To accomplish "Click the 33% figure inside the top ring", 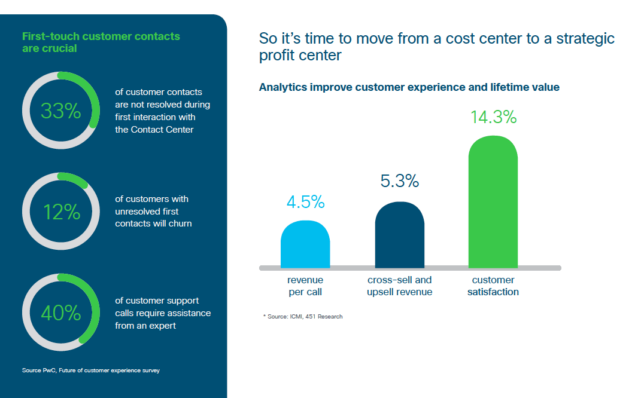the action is (x=60, y=111).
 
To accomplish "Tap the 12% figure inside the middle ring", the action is (x=62, y=212).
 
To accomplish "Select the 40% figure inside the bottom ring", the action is (x=61, y=313).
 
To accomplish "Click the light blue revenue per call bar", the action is (x=305, y=244).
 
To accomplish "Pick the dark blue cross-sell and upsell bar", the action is (x=400, y=235).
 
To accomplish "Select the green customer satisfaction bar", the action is (x=493, y=202).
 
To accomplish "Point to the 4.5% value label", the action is (x=306, y=202).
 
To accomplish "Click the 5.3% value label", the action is (x=400, y=181).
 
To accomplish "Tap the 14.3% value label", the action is (x=494, y=117).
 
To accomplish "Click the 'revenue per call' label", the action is (x=305, y=286).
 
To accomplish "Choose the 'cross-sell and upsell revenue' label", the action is (x=400, y=286).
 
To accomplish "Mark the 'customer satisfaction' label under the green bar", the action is (x=493, y=286).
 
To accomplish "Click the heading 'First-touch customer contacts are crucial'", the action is (x=101, y=42).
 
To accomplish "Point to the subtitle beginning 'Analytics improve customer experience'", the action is (x=409, y=87).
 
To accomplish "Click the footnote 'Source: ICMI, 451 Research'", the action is (x=303, y=316).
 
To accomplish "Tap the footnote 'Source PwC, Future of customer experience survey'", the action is (x=91, y=371).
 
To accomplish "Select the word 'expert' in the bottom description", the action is (x=162, y=326).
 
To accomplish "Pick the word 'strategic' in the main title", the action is (x=585, y=39).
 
